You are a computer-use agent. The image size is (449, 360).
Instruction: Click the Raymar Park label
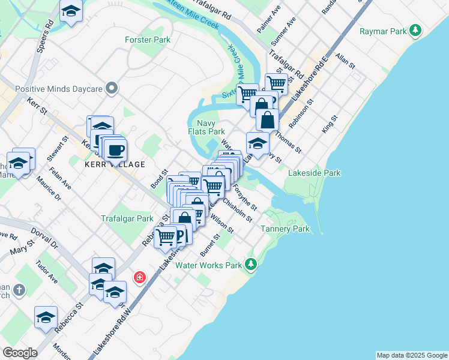pos(381,31)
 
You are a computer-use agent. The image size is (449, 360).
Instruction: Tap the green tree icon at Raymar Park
pos(415,30)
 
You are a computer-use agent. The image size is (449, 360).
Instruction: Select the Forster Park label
pos(148,40)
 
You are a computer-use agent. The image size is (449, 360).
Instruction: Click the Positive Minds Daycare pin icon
pos(111,89)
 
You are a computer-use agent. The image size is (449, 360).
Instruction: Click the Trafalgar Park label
pos(127,219)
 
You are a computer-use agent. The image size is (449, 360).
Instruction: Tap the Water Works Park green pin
pos(250,264)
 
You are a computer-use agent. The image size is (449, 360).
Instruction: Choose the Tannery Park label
pos(285,229)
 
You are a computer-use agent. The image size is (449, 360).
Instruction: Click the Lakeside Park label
pos(314,173)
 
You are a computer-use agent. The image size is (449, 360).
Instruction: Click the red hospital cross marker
pos(139,277)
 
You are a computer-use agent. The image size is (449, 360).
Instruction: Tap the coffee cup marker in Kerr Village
pos(115,149)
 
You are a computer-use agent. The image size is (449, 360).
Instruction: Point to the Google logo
pos(20,352)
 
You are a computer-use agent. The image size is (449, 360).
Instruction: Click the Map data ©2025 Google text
pos(412,355)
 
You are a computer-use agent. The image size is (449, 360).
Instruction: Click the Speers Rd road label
pos(45,37)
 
